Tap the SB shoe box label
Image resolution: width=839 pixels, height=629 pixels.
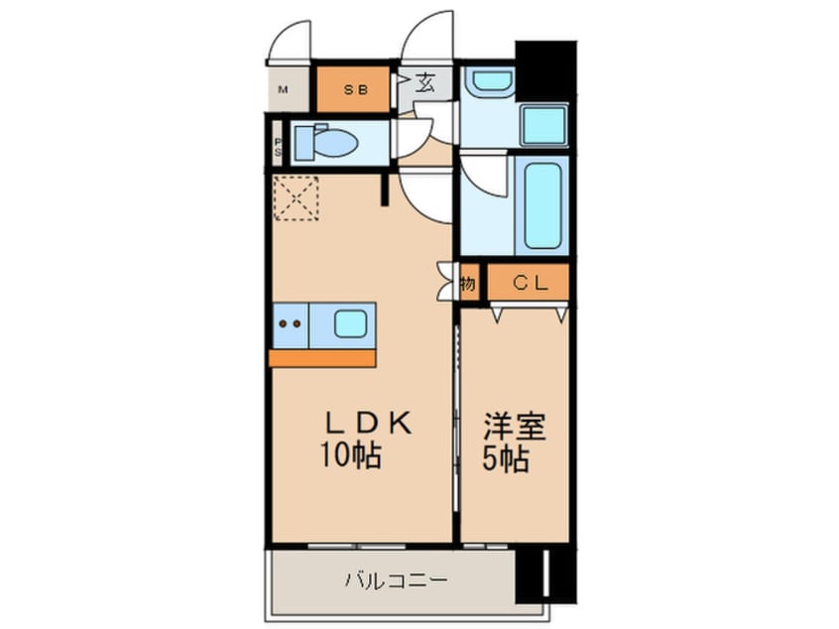coord(355,90)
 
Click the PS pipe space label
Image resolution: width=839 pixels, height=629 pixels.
coord(278,147)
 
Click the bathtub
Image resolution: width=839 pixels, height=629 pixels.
coord(543,205)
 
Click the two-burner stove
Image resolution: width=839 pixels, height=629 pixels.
coord(291,324)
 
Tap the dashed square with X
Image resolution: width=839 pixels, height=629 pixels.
coord(295,198)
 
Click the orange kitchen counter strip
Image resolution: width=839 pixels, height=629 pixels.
coord(322,358)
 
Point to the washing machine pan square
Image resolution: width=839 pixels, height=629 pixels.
coord(543,126)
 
